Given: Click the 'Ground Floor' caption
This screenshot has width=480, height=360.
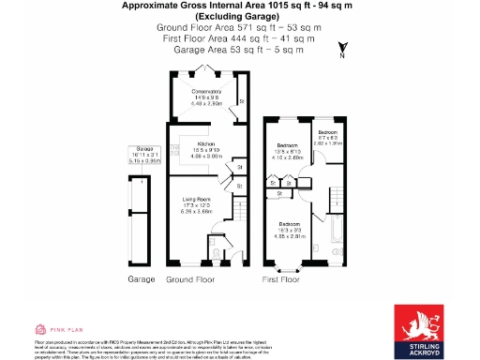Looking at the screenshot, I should (x=191, y=279).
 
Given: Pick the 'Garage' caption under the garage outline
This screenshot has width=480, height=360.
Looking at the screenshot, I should (x=142, y=279).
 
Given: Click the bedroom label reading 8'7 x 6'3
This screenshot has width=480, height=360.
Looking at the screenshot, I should (x=329, y=138).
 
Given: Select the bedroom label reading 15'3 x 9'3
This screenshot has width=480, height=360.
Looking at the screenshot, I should (x=289, y=231).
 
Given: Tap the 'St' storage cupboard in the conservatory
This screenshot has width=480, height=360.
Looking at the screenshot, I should (x=241, y=100).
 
